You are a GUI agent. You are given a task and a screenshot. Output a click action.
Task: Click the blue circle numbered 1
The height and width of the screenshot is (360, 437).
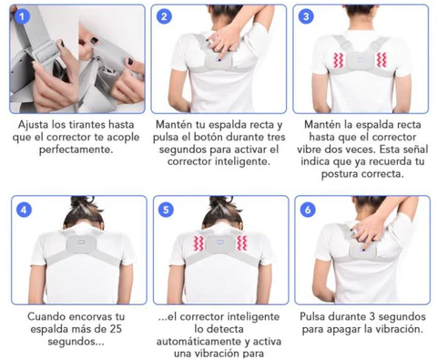[22, 16]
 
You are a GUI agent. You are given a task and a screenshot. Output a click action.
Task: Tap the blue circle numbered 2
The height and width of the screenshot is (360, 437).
[164, 16]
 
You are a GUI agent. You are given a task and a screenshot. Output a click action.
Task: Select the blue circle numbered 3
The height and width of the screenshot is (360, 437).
[306, 16]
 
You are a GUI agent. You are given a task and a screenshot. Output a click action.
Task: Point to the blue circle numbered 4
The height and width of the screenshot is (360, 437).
[24, 210]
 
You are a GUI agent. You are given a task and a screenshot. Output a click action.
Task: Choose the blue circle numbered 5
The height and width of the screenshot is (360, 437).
[166, 210]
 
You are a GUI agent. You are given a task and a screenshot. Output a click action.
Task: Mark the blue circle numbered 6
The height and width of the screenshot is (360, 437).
[308, 210]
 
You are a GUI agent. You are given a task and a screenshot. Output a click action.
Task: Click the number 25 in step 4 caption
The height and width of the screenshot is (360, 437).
[116, 329]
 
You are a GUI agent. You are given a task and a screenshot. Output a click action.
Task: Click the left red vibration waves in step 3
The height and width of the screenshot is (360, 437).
[338, 60]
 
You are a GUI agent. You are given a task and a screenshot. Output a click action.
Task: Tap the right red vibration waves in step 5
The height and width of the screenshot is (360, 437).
[242, 242]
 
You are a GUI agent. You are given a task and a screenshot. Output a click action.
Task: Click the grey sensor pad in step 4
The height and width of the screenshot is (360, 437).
[81, 243]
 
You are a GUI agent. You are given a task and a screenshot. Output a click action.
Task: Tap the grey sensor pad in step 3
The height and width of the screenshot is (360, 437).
[360, 61]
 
